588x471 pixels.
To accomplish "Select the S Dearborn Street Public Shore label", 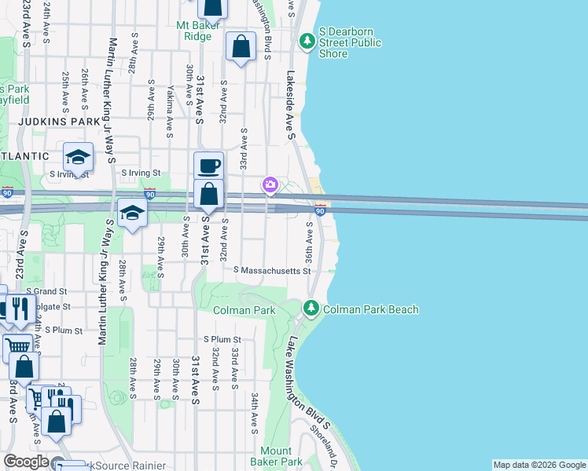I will pyautogui.click(x=350, y=43).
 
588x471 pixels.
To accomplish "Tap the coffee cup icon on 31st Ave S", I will pyautogui.click(x=208, y=166).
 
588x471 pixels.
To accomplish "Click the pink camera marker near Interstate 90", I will pyautogui.click(x=270, y=184).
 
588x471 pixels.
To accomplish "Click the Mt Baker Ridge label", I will pyautogui.click(x=193, y=31).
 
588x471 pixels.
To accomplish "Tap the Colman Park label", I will pyautogui.click(x=245, y=310).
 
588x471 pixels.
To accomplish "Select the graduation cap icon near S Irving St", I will pyautogui.click(x=78, y=157).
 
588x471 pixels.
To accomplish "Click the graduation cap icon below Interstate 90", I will pyautogui.click(x=132, y=213).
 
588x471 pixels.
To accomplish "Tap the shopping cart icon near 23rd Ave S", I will pyautogui.click(x=17, y=345).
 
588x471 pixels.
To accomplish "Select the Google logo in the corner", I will pyautogui.click(x=25, y=462).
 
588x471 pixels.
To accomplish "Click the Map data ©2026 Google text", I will pyautogui.click(x=539, y=465).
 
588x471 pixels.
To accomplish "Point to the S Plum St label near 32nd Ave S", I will pyautogui.click(x=222, y=339).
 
